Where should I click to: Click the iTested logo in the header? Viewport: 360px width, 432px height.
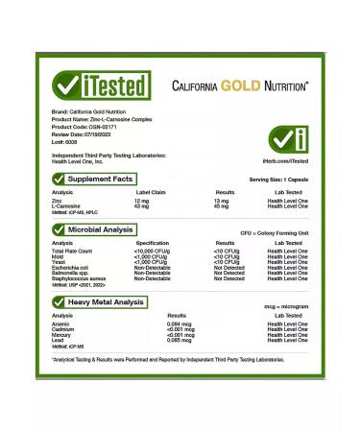102,84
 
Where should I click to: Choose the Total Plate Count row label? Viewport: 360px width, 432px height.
74,252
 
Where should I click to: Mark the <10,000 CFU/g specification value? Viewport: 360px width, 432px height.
153,252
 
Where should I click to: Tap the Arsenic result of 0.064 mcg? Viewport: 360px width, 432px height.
180,324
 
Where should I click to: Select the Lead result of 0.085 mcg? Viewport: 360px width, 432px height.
180,340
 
